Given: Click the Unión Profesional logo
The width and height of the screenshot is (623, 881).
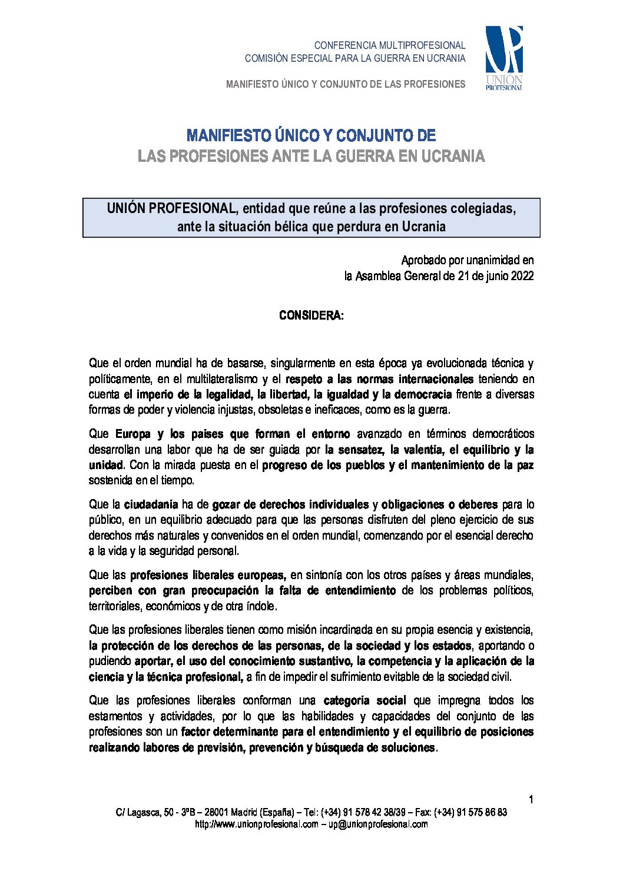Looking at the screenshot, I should coord(503,58).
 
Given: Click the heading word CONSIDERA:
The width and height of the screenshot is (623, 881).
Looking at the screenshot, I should coord(311,315).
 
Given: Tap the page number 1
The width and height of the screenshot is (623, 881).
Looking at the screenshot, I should coord(531,799).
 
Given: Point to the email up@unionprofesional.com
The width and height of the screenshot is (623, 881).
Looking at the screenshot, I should coord(378,825).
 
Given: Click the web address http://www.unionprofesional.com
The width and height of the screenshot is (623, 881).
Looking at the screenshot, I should coord(256,825).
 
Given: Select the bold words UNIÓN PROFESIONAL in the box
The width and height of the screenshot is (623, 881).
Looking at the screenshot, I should coord(171,208).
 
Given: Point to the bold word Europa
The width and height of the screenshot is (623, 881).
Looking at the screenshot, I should coord(133,434).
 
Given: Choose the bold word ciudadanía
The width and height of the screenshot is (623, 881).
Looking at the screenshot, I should coord(151,504).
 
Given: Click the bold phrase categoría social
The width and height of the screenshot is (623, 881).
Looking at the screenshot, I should coord(364,700).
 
